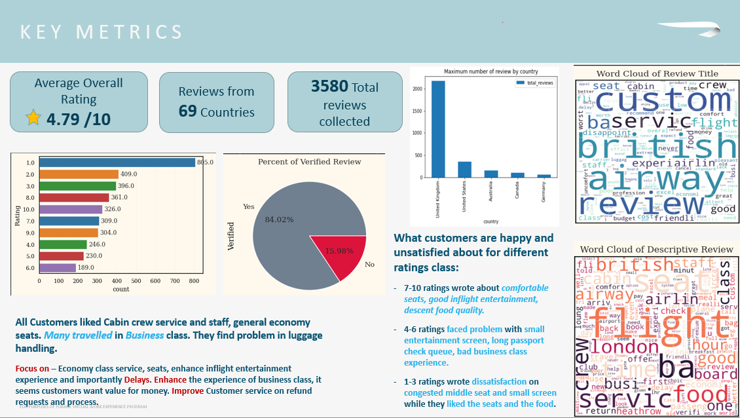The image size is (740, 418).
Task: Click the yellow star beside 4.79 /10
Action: point(33,118)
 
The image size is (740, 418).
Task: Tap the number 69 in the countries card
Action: point(188,111)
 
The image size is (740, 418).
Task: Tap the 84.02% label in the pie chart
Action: point(279,219)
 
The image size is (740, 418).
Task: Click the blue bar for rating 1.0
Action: point(117,162)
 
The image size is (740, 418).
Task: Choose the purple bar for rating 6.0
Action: point(58,267)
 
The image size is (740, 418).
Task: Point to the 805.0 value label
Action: point(206,162)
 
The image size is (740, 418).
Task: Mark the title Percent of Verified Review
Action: point(309,162)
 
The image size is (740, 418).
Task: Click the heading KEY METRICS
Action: point(102,32)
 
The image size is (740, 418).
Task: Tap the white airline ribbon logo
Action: point(687,29)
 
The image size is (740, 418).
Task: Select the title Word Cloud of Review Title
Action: point(657,74)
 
